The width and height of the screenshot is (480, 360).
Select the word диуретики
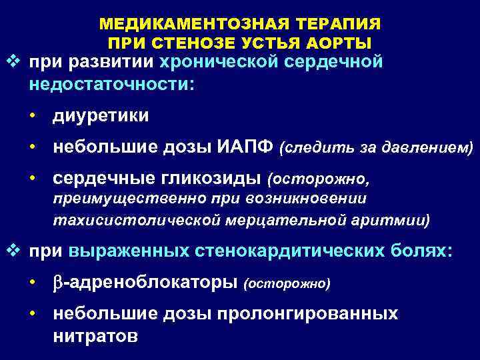click(x=101, y=115)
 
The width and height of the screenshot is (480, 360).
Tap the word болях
click(x=423, y=251)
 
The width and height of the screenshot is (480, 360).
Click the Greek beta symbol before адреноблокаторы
click(x=57, y=283)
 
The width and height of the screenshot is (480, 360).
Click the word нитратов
click(x=95, y=335)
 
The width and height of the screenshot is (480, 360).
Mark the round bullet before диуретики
click(x=32, y=116)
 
